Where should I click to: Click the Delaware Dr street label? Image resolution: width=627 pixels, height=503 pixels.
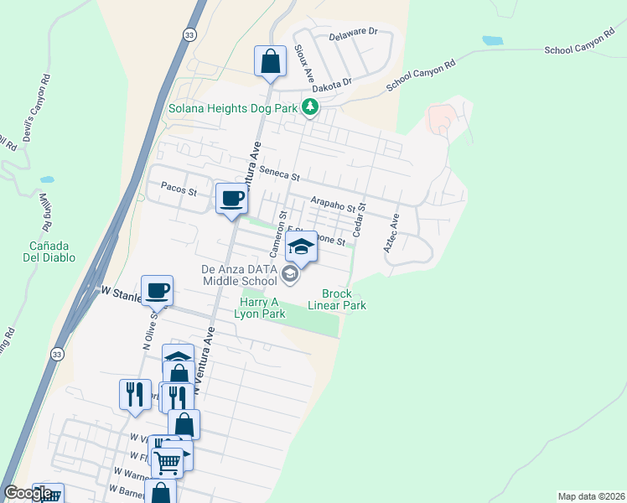point(354,32)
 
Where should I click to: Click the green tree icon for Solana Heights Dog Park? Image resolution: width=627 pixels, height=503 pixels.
point(311,106)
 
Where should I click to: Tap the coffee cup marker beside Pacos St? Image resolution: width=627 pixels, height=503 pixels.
point(232,199)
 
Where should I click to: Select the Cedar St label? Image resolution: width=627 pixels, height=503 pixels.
point(360,220)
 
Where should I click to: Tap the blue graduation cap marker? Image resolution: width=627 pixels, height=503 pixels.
point(302,246)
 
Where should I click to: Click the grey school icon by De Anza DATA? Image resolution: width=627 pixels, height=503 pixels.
point(289,273)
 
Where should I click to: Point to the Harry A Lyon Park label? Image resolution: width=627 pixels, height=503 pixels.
point(260,308)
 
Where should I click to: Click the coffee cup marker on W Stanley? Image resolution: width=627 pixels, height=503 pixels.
point(157,290)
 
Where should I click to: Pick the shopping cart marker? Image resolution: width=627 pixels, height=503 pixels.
point(167,461)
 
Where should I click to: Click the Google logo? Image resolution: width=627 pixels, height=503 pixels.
point(27,493)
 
